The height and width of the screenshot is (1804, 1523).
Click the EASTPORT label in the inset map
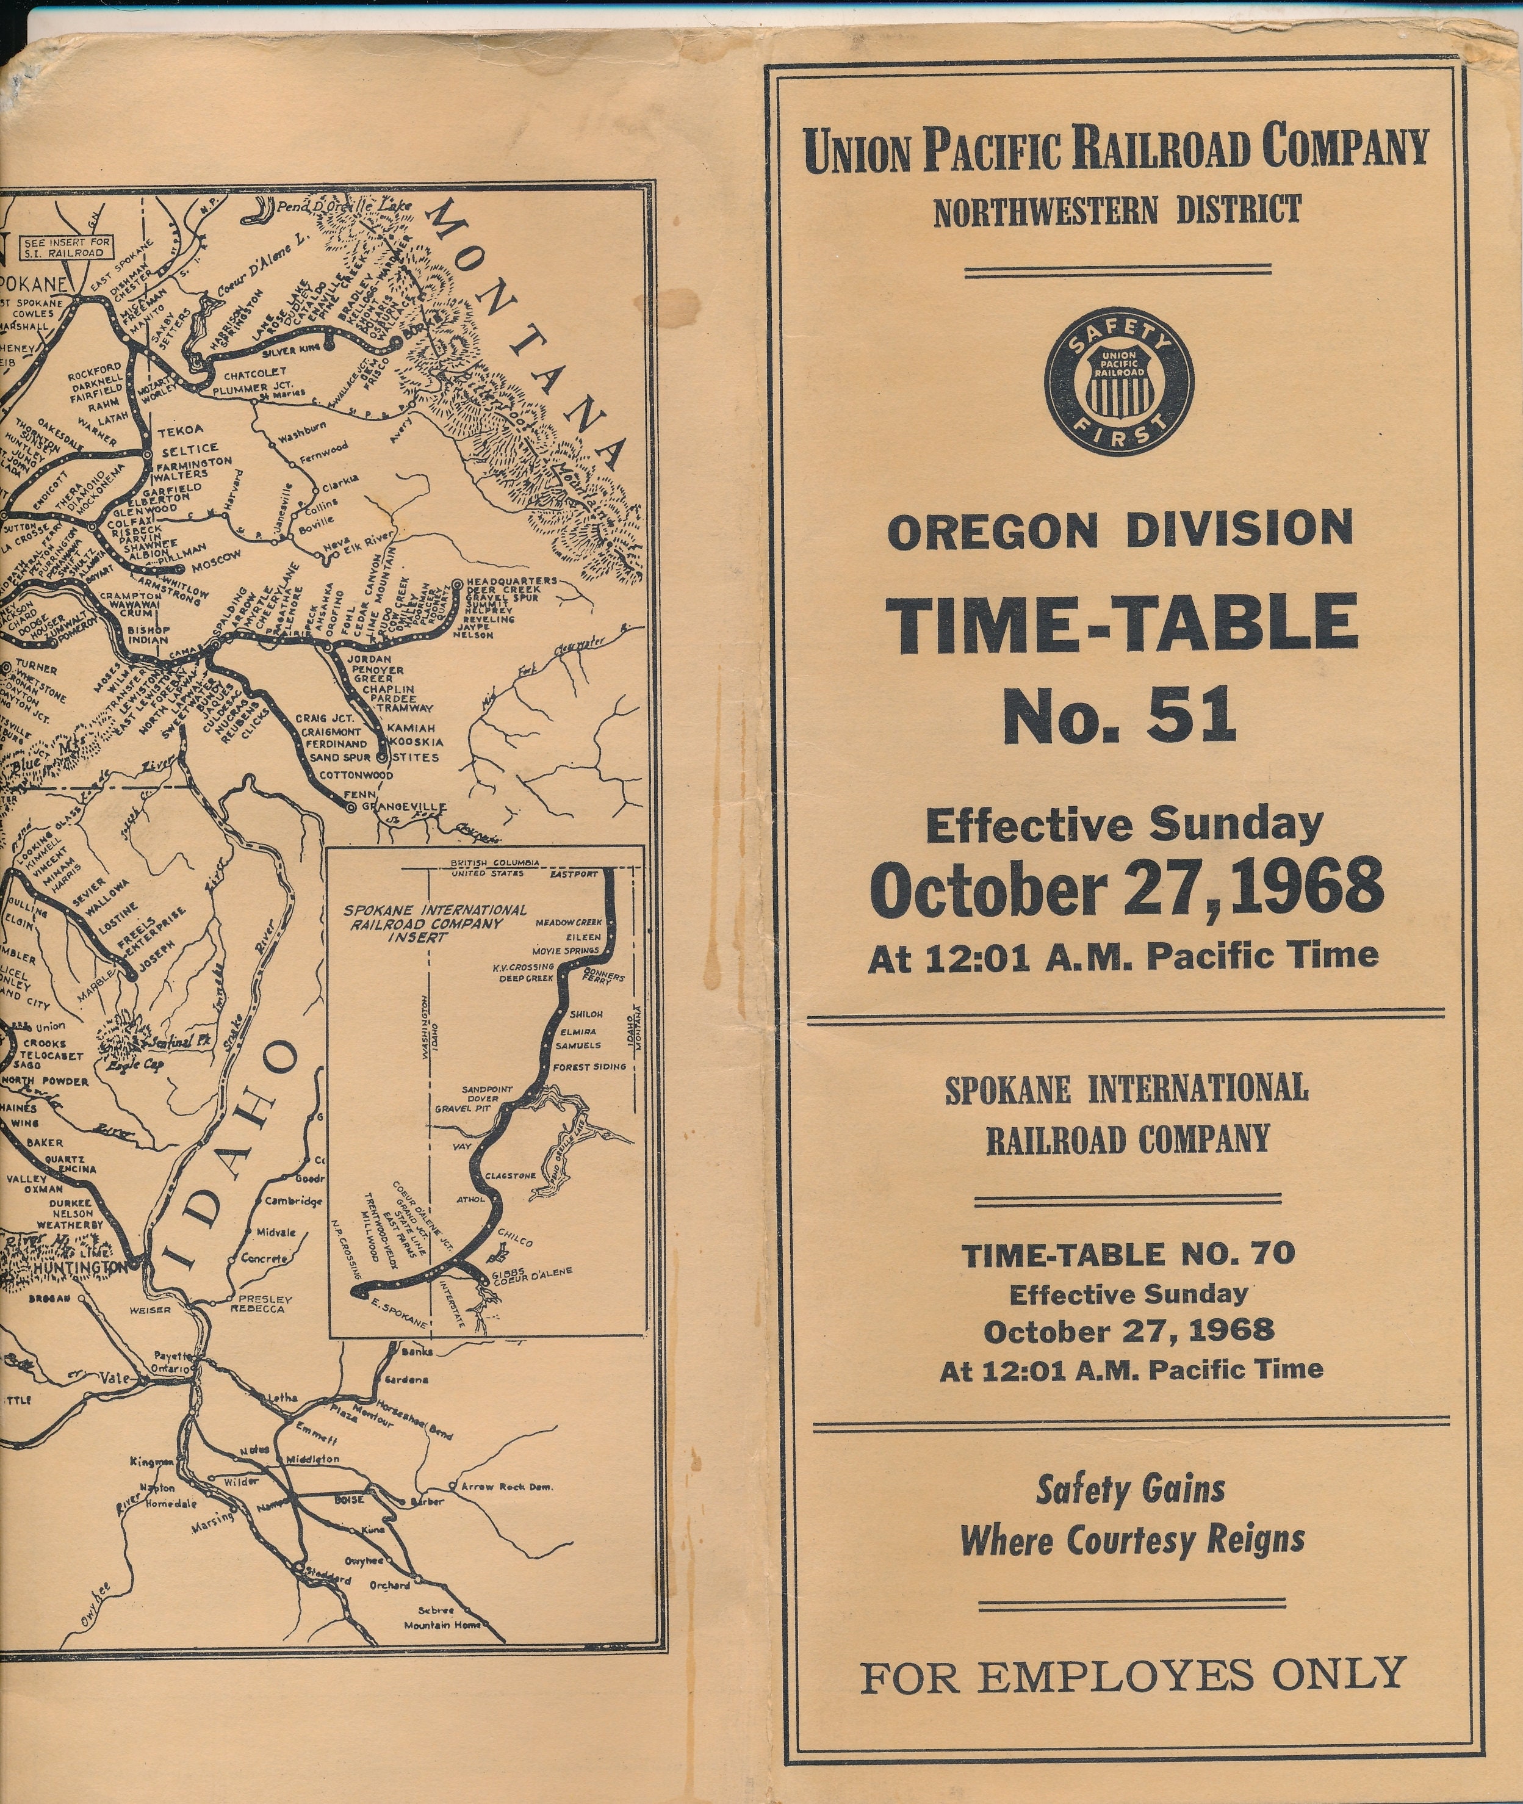click(x=574, y=874)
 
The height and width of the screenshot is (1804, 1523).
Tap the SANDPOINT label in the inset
click(x=487, y=1090)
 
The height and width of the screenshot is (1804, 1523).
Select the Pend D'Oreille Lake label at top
click(x=344, y=207)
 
